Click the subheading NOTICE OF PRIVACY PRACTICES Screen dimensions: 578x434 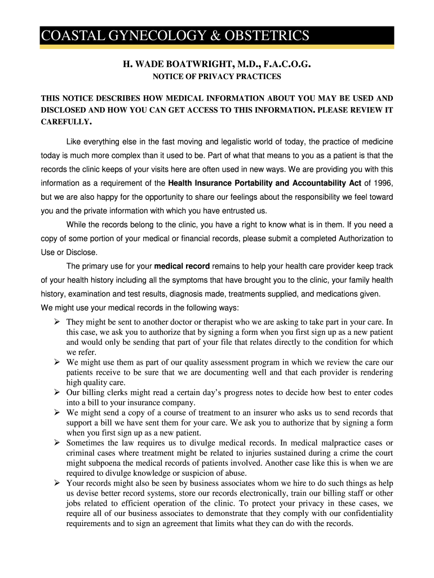point(217,77)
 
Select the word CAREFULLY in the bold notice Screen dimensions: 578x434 point(65,121)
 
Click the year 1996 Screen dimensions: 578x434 point(382,183)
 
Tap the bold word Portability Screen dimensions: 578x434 point(254,183)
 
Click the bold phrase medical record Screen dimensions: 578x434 point(182,266)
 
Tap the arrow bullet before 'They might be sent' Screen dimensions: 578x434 point(57,322)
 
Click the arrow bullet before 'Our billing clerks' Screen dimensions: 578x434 point(57,392)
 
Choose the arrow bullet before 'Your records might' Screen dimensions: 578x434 point(57,484)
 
